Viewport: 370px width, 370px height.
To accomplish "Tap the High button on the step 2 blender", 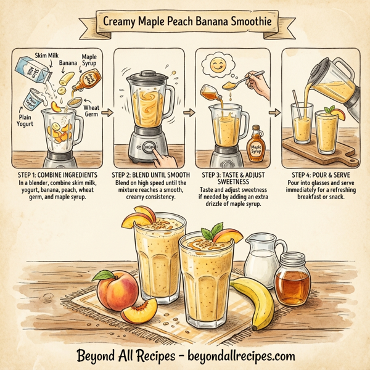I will click(x=149, y=147).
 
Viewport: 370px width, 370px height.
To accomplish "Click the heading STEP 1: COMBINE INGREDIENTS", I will click(x=55, y=175).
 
